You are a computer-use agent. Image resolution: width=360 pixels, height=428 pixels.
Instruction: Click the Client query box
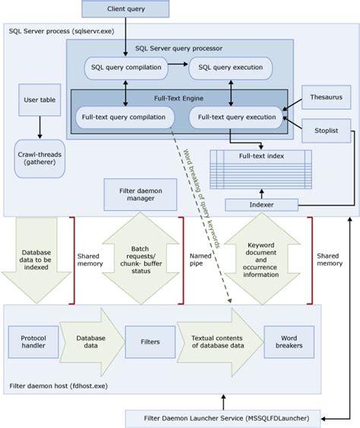127,10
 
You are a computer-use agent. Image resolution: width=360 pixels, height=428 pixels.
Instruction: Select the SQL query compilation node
126,68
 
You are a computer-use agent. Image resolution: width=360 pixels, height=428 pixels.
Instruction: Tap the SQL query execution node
230,68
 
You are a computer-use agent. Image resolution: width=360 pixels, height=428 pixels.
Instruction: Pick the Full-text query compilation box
124,118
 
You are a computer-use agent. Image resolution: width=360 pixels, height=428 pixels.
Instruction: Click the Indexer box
262,204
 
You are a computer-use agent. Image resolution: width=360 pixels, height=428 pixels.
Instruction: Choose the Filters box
150,342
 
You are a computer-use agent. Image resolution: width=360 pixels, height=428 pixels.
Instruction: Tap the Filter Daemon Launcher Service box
224,417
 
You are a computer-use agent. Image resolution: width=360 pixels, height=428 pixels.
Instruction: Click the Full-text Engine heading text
179,99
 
